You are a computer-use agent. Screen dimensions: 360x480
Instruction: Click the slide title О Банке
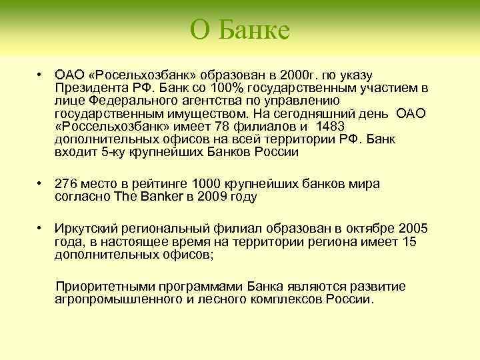[239, 30]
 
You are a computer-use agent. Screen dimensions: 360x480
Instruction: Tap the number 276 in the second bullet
[65, 184]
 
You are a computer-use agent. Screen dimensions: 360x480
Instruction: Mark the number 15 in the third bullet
[409, 241]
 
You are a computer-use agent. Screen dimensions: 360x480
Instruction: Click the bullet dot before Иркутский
[41, 229]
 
